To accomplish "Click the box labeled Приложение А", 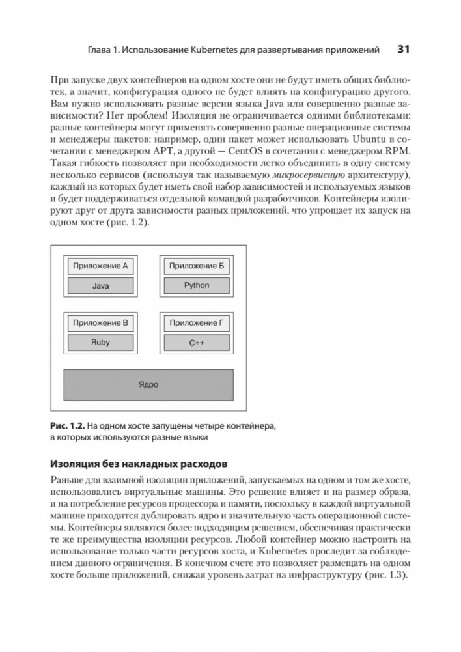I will pos(100,266).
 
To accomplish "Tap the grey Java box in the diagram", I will pos(100,285).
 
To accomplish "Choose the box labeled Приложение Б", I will pos(197,266).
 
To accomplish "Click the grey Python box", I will pos(197,285).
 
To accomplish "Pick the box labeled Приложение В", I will pos(100,322).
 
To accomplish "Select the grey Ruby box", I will pos(100,342).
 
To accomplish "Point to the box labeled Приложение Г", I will pos(197,322).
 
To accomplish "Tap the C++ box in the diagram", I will pos(197,342).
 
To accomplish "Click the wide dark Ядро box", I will pos(148,384).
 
